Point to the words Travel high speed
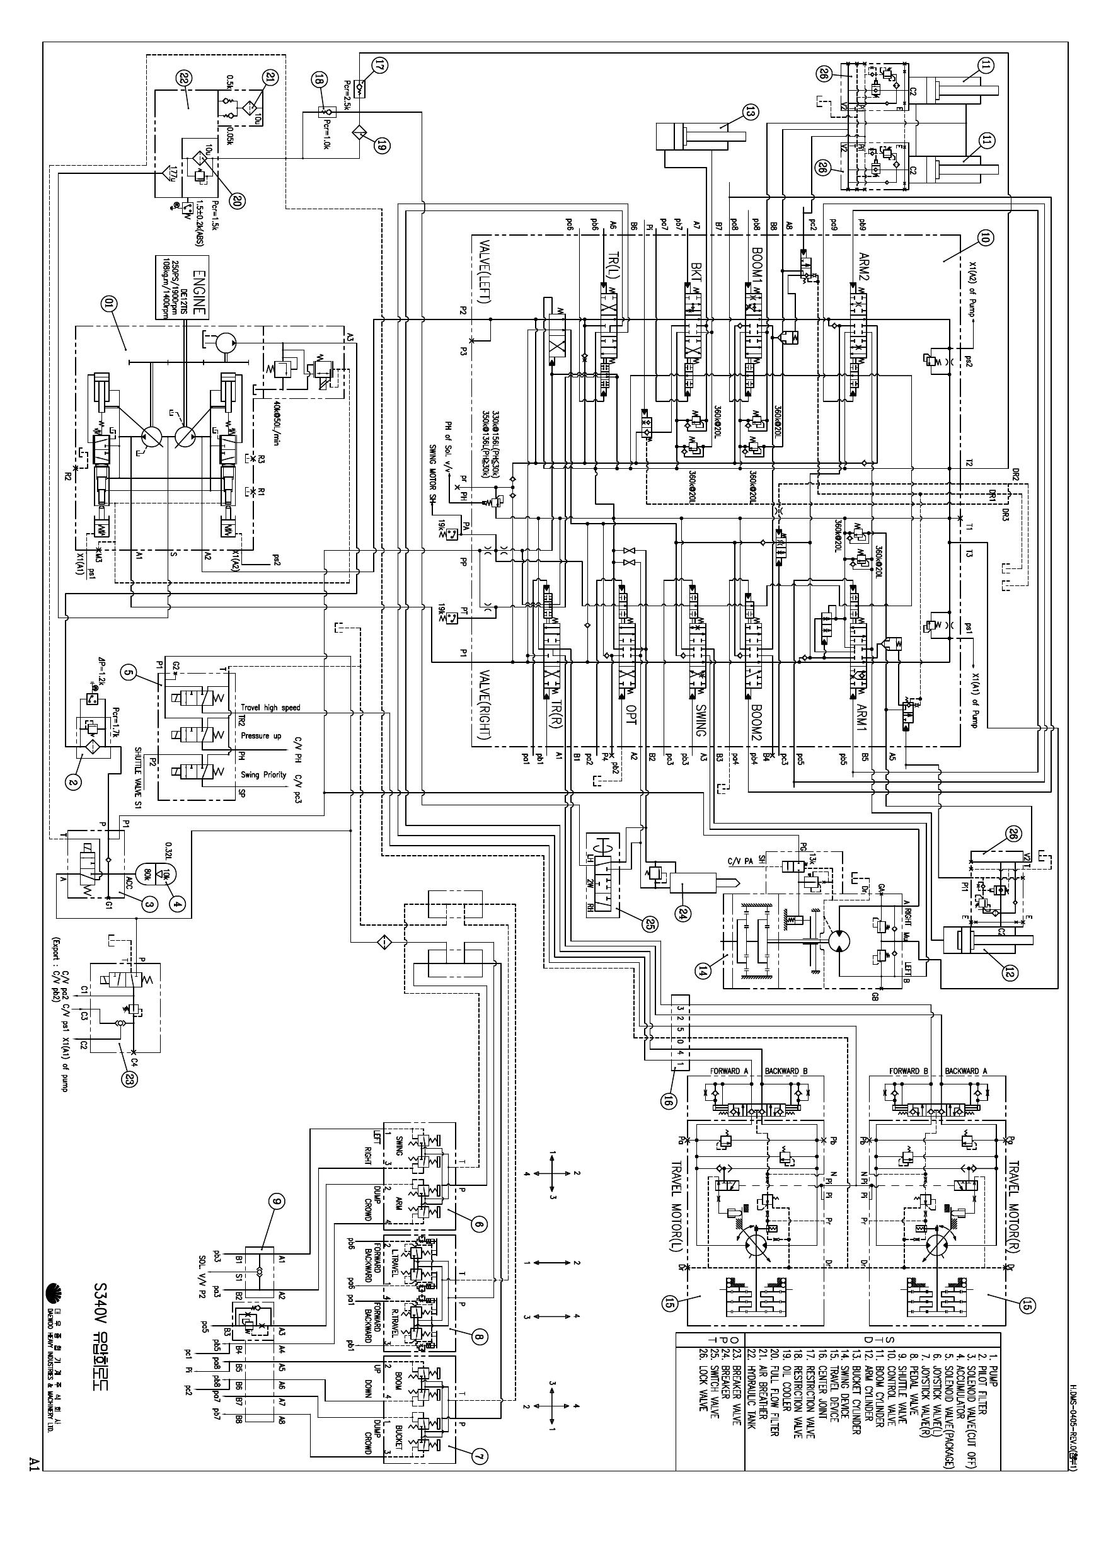(x=270, y=708)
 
